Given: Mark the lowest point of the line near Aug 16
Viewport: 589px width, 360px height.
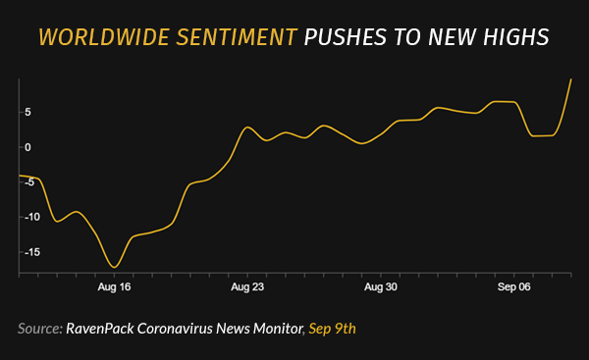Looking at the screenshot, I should click(115, 267).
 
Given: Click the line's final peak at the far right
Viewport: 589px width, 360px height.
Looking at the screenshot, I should click(570, 79).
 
